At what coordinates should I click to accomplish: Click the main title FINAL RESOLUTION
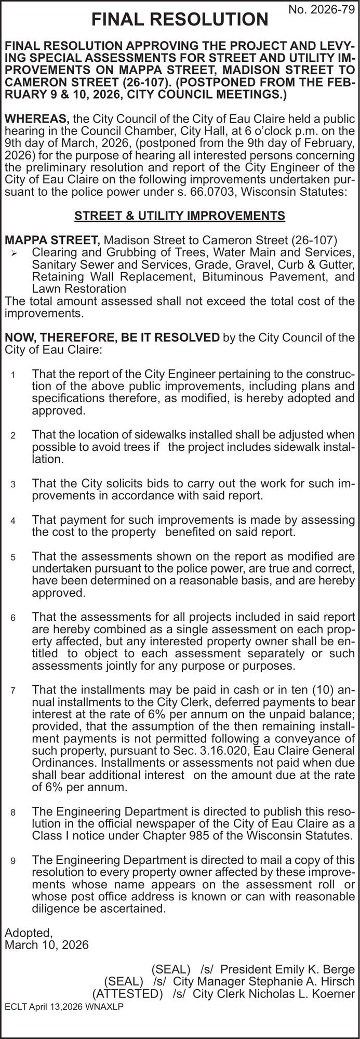tap(180, 20)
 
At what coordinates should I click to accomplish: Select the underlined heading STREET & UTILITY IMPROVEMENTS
tap(180, 216)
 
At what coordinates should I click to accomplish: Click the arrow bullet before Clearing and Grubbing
tap(15, 253)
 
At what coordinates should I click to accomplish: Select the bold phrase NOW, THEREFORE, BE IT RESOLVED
tap(112, 338)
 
